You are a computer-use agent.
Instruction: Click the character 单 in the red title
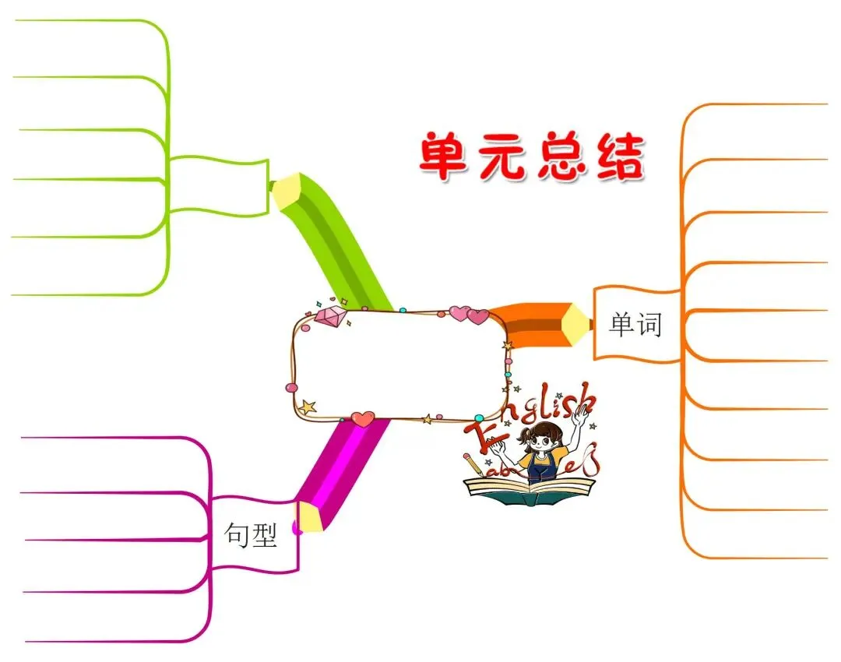coord(446,156)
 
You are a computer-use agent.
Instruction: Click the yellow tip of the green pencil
coord(286,190)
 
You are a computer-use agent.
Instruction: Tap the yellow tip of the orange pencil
coord(577,324)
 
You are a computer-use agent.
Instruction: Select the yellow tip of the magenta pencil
coord(310,518)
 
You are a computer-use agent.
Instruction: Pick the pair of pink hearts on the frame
coord(468,314)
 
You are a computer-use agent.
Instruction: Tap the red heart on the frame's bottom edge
coord(362,419)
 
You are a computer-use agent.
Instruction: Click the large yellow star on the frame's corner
coord(308,407)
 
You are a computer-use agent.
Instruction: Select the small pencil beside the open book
coord(473,465)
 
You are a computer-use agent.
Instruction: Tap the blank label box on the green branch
coord(218,185)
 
